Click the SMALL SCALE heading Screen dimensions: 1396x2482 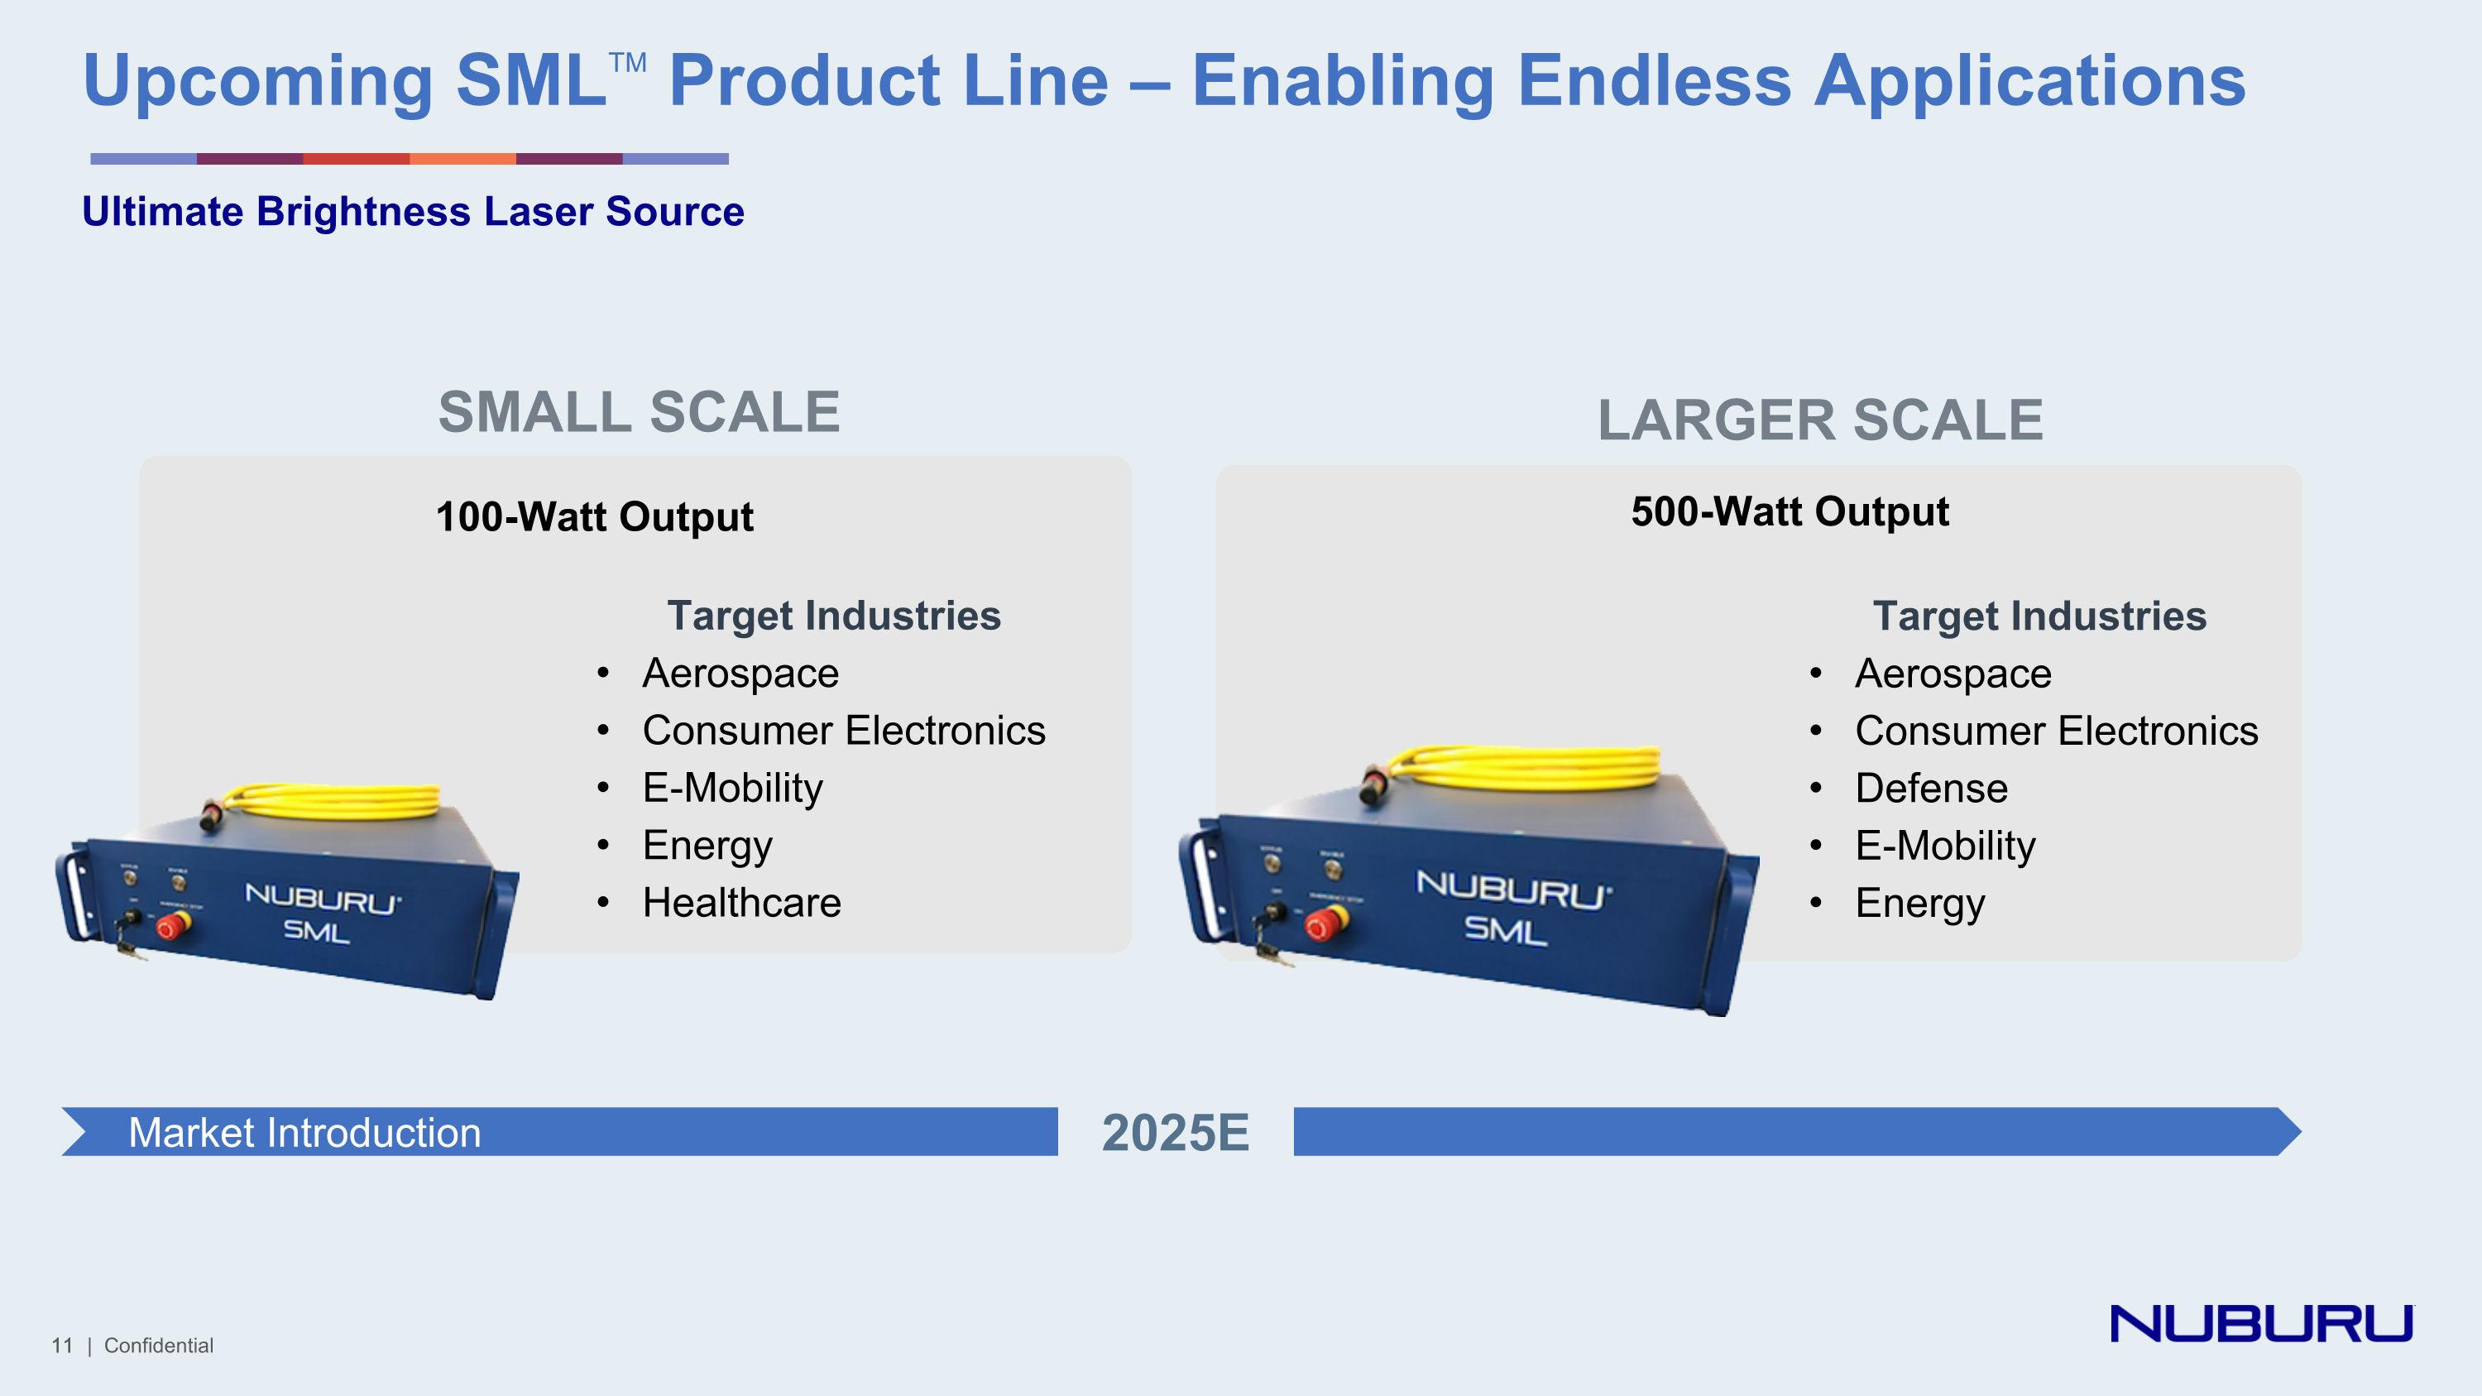[639, 412]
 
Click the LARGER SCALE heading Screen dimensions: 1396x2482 [1820, 420]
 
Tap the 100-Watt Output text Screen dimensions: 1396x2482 [595, 516]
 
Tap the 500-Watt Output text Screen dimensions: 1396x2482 [1790, 511]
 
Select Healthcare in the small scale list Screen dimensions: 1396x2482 [741, 903]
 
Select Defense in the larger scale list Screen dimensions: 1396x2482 [1931, 788]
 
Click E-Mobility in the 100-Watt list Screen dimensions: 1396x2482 [732, 788]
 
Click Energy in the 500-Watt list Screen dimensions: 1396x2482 [1919, 903]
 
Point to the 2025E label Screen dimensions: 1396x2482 [1175, 1132]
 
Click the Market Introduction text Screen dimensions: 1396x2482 [304, 1132]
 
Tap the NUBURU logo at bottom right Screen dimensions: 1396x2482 [2260, 1323]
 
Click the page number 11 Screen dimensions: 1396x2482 [62, 1345]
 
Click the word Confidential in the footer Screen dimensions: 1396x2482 [158, 1345]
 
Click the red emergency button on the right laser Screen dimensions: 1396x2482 [1322, 925]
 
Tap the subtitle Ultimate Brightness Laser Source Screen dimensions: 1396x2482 [412, 211]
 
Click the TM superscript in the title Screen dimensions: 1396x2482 [627, 64]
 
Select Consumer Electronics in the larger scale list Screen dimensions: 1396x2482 [2055, 731]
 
